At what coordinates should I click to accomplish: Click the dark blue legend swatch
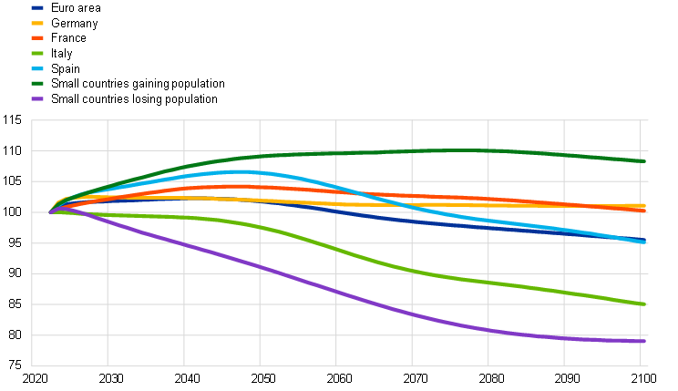[x=37, y=7]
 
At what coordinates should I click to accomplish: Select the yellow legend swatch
[x=37, y=23]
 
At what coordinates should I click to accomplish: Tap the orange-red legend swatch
[x=37, y=37]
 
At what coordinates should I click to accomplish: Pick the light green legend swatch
[x=37, y=53]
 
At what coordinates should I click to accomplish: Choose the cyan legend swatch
[x=37, y=68]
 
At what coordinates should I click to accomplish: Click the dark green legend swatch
[x=37, y=83]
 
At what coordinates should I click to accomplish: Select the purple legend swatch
[x=37, y=98]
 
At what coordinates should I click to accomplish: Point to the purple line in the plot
[x=336, y=292]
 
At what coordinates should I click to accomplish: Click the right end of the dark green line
[x=646, y=161]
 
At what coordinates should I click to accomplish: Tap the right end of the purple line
[x=645, y=341]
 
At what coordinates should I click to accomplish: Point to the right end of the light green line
[x=646, y=304]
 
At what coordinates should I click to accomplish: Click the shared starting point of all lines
[x=50, y=211]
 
